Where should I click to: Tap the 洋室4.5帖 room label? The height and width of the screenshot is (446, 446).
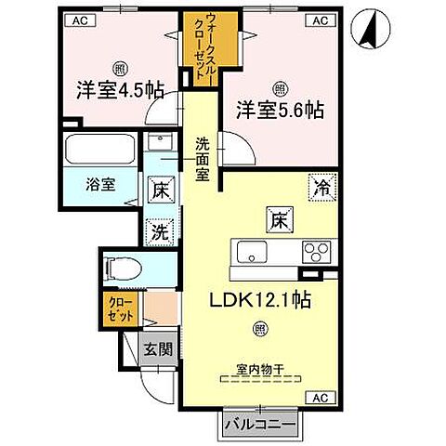point(119,90)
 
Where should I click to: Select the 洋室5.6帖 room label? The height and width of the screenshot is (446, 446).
point(279,107)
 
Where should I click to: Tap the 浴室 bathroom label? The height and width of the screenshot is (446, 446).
point(101,183)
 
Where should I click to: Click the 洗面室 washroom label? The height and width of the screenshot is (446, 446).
point(203,159)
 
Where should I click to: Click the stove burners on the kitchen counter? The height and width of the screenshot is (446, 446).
point(317,251)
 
